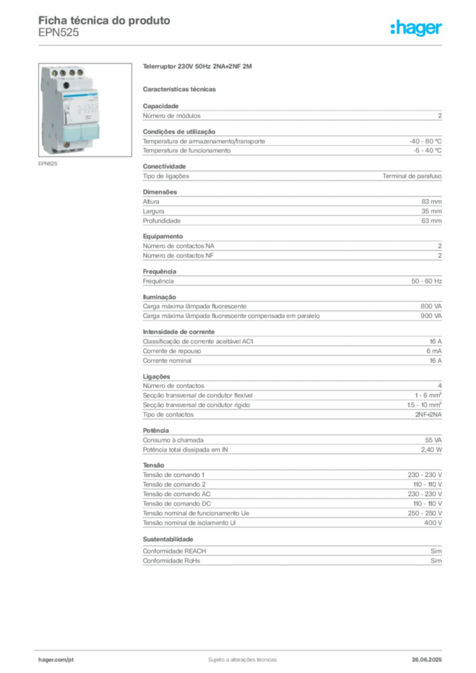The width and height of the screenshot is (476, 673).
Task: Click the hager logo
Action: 416,28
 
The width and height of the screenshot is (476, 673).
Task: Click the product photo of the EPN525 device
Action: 85,110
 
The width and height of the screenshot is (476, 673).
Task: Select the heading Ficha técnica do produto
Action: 105,20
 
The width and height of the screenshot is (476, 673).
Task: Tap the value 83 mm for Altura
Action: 431,202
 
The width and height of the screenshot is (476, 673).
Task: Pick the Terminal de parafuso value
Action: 412,176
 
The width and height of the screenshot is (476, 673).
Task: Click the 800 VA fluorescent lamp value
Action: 431,306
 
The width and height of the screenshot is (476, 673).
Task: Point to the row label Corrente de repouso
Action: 172,351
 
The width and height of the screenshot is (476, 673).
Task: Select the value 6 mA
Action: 434,351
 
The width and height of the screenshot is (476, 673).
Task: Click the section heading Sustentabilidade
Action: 168,539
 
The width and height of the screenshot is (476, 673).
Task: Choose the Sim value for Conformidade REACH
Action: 436,551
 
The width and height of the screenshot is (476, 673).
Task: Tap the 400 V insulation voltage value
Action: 433,522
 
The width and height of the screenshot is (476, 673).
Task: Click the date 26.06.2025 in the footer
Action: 427,660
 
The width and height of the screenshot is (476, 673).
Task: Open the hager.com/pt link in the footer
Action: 56,660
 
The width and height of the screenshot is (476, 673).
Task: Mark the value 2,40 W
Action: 431,450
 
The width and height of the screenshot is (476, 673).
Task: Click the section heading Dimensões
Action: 160,192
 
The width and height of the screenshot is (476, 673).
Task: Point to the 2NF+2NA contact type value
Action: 428,415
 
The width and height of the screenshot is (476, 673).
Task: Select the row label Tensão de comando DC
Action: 177,503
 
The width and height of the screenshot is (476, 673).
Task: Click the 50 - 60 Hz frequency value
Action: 427,281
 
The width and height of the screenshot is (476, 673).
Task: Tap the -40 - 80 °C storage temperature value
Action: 425,141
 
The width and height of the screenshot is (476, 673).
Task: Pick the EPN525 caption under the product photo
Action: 47,164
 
